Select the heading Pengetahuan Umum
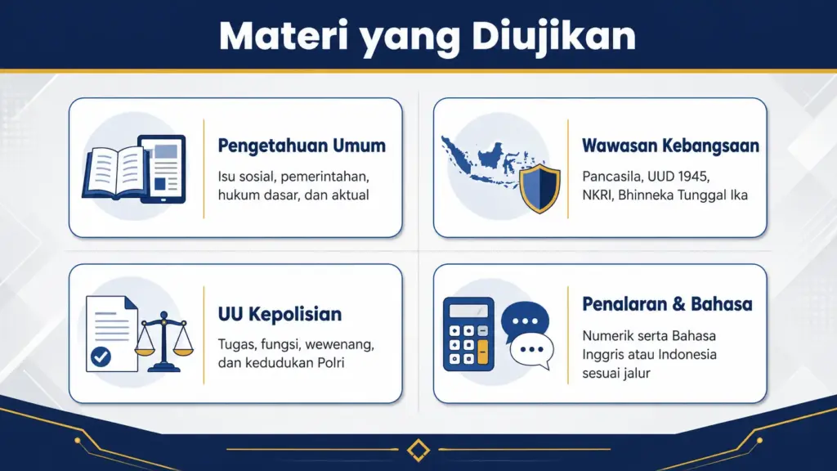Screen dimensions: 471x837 (x=302, y=146)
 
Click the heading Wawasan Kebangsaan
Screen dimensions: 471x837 (x=670, y=146)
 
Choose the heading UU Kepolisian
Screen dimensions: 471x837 (x=280, y=315)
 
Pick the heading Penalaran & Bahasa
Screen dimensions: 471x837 (x=667, y=304)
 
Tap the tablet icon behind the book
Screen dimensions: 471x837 (x=163, y=168)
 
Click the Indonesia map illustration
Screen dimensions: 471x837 (x=486, y=155)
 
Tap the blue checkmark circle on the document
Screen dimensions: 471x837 (x=101, y=357)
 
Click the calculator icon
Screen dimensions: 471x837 (x=468, y=334)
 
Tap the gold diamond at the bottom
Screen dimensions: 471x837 (x=418, y=450)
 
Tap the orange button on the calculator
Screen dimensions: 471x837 (x=482, y=352)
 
